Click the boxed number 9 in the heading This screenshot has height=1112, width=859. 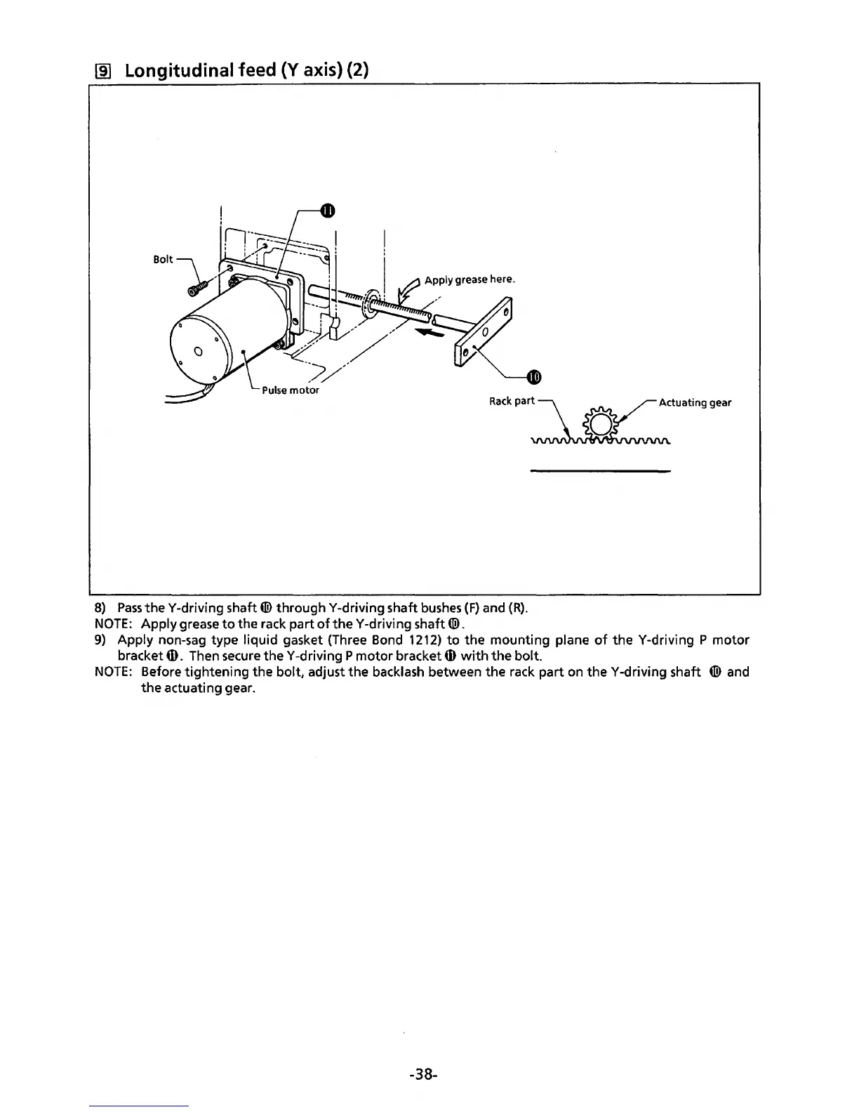pos(100,72)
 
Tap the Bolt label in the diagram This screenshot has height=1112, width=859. pos(163,259)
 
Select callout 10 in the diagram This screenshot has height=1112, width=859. pos(533,378)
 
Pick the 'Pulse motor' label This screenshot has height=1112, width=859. pos(290,390)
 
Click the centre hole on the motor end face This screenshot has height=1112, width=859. pos(198,351)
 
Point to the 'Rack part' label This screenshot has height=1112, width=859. pos(512,402)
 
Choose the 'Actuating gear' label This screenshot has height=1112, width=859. pos(695,402)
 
